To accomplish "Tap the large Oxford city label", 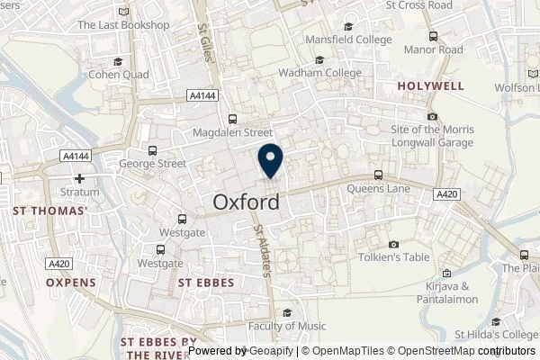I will [x=246, y=203].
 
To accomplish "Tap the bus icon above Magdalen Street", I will [x=233, y=118].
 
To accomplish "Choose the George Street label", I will [x=153, y=164].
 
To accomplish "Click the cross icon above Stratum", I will [x=79, y=179].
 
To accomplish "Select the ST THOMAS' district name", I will [x=50, y=211].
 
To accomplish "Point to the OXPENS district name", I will [x=71, y=282].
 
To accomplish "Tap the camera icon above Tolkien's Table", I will [x=393, y=245].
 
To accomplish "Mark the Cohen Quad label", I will [x=117, y=75].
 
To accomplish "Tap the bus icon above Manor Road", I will [x=433, y=36].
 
